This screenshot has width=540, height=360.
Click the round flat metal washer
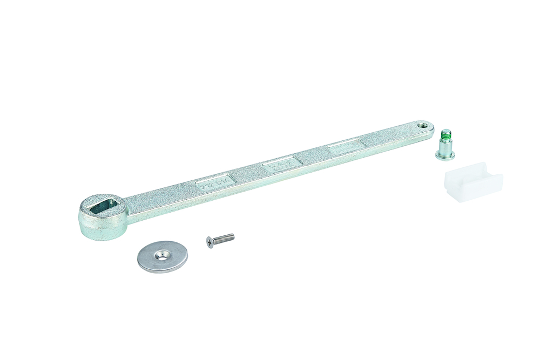click(x=162, y=257)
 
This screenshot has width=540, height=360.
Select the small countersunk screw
click(x=220, y=240)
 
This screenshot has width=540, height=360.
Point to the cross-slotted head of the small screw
click(x=210, y=243)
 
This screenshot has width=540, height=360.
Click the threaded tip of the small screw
click(x=232, y=236)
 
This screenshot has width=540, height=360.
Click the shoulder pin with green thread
click(x=445, y=146)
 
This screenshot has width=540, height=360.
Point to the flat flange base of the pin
click(x=445, y=156)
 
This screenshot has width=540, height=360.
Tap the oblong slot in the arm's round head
click(x=102, y=204)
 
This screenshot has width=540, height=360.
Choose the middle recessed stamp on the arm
click(x=281, y=163)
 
